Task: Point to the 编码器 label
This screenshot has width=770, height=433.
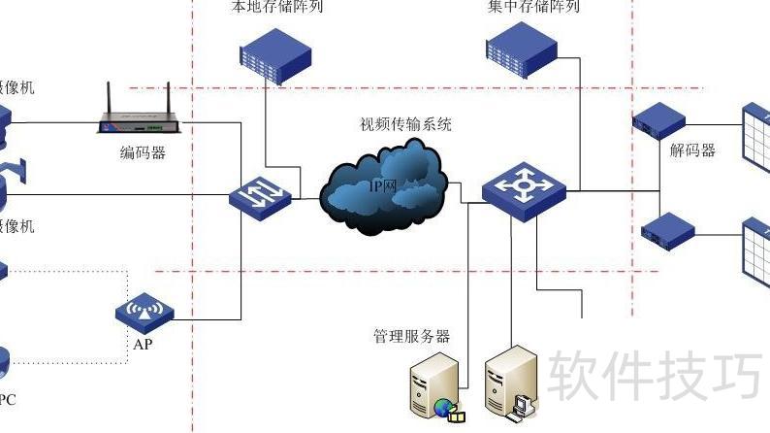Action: pos(143,153)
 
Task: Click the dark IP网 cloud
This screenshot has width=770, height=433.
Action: pos(383,186)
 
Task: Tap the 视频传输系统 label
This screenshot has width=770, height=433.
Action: pos(405,124)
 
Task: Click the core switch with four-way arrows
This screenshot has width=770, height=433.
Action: pos(524,189)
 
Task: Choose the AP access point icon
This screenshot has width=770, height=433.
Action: pos(144,312)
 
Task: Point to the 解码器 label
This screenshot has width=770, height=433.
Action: pos(692,150)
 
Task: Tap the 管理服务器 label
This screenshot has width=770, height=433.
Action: pos(412,337)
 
